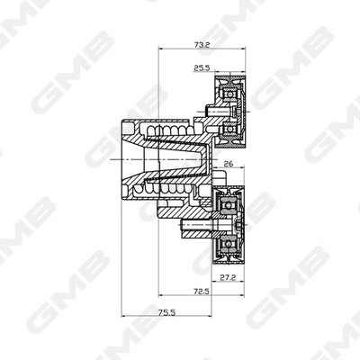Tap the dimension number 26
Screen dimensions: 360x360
[228, 165]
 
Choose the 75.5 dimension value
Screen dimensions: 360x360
[166, 314]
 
